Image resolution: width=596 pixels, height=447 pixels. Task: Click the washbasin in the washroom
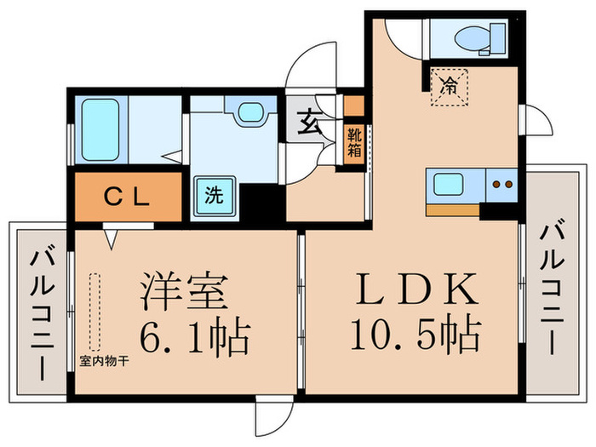click(249, 113)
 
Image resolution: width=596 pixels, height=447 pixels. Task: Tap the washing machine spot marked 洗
click(213, 194)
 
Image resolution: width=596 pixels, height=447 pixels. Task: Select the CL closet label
click(128, 196)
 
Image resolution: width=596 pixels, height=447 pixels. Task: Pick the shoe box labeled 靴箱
click(353, 143)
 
